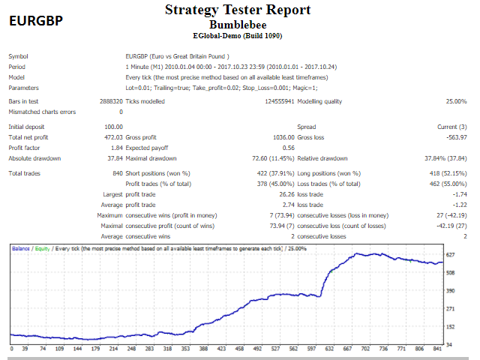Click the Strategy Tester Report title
coord(238,10)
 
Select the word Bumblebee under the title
coord(237,23)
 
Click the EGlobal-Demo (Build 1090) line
coord(237,35)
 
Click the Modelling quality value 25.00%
coord(456,100)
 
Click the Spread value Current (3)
coord(452,127)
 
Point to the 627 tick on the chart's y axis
coord(451,256)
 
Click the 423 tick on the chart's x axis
coord(221,349)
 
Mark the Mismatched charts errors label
coord(42,112)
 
